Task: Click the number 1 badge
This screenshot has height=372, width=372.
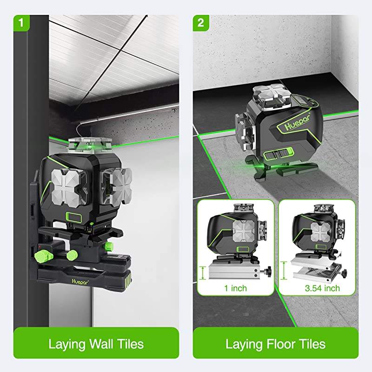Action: click(x=21, y=23)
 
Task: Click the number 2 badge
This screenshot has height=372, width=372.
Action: click(x=201, y=23)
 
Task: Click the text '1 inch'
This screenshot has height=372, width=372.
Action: click(x=235, y=288)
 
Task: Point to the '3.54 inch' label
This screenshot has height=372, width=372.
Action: click(x=322, y=288)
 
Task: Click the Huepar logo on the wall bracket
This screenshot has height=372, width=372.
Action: click(x=80, y=282)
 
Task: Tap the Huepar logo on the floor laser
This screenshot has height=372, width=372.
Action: click(x=298, y=123)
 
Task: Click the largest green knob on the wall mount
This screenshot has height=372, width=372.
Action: click(x=43, y=256)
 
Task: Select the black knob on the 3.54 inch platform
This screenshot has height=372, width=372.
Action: click(x=344, y=272)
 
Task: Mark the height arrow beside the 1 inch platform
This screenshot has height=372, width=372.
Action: click(x=202, y=272)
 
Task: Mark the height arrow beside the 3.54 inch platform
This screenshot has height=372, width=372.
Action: click(x=284, y=270)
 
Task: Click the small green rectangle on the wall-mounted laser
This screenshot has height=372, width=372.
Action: click(x=74, y=218)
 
